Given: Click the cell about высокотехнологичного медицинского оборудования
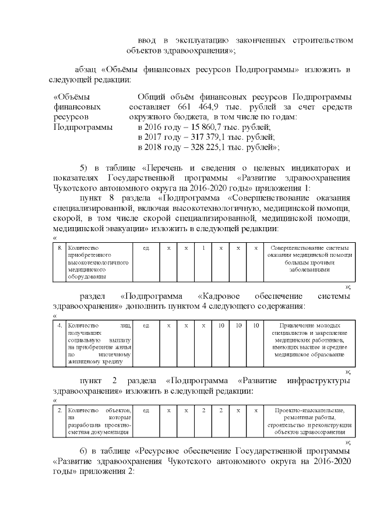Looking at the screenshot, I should point(100,263).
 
